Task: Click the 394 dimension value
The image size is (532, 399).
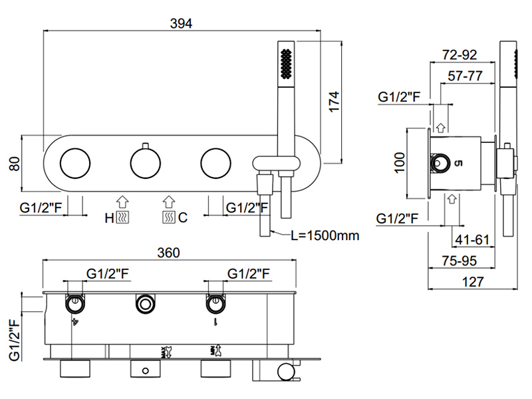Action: pyautogui.click(x=180, y=23)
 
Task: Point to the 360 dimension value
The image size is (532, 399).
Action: pyautogui.click(x=169, y=253)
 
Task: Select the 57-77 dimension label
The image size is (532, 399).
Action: pyautogui.click(x=465, y=76)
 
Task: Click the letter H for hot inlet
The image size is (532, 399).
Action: pyautogui.click(x=109, y=217)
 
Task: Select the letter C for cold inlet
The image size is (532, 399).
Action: pyautogui.click(x=182, y=217)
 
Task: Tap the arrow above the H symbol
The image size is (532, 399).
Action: pyautogui.click(x=122, y=200)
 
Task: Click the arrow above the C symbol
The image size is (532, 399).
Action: pyautogui.click(x=168, y=200)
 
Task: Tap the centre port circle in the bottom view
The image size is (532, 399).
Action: pyautogui.click(x=144, y=305)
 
